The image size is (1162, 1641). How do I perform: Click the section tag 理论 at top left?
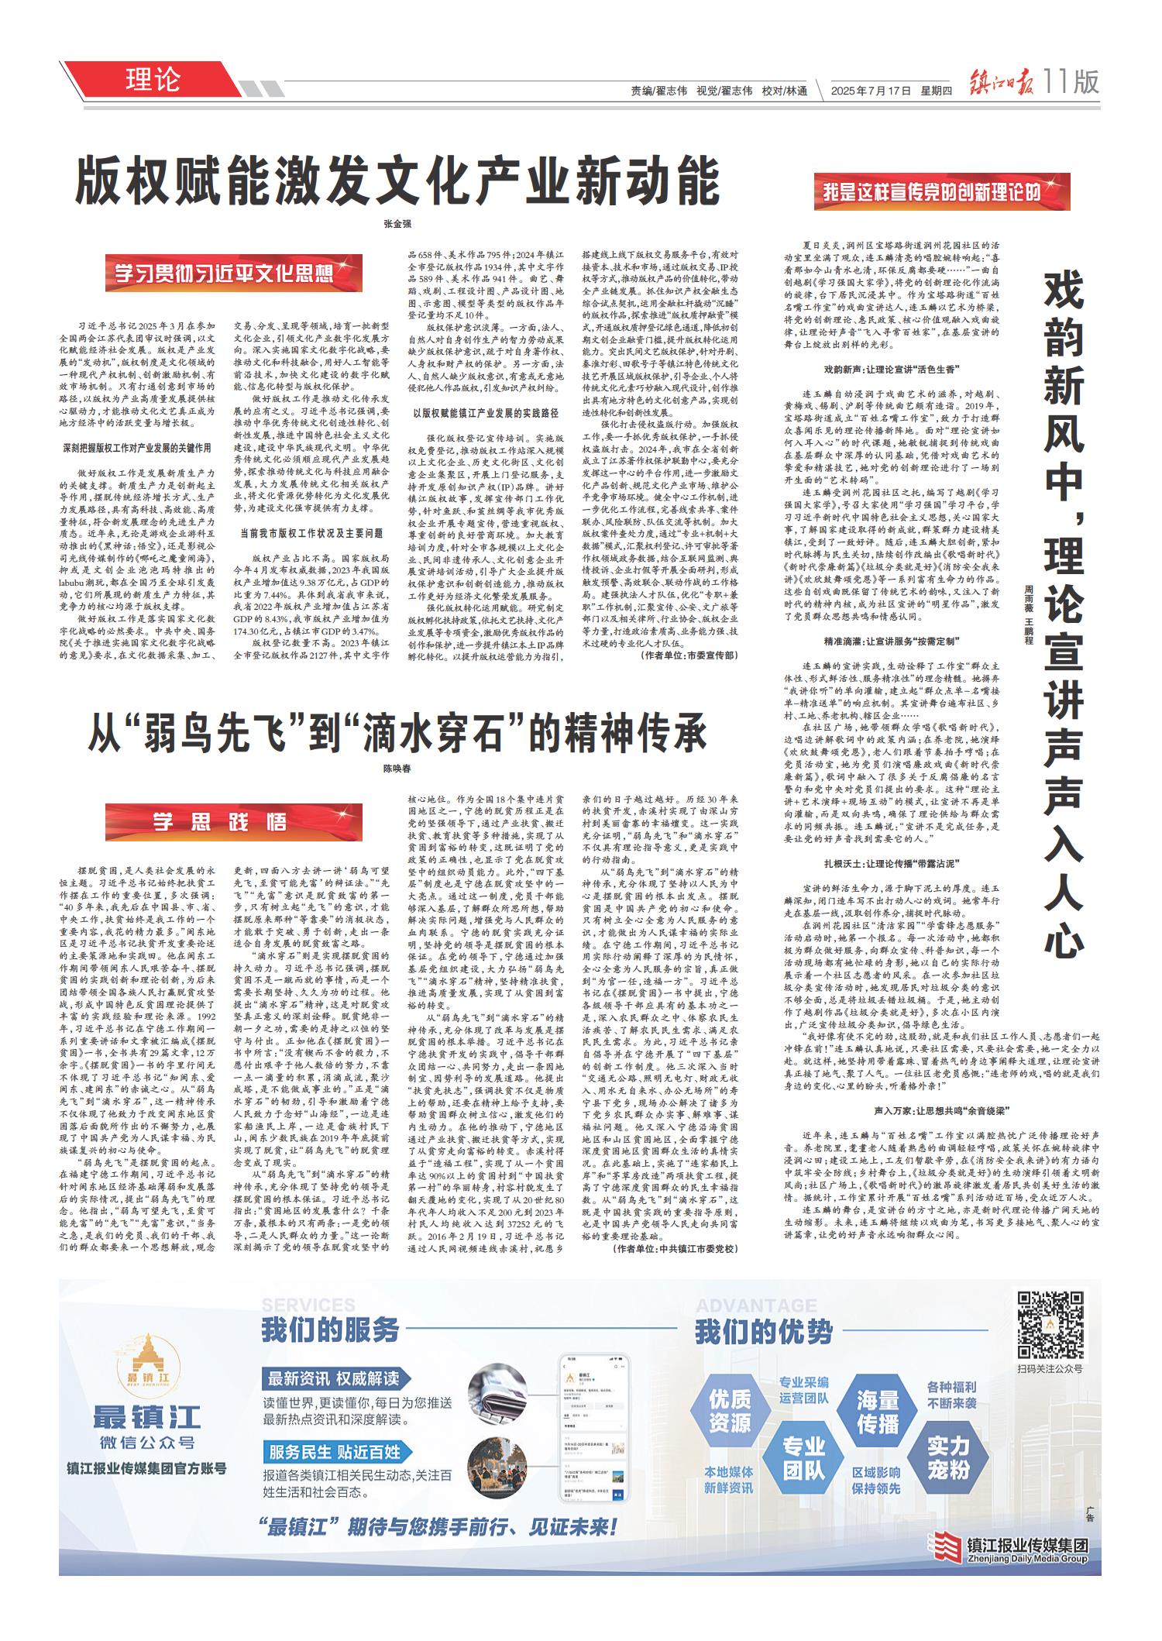pyautogui.click(x=152, y=80)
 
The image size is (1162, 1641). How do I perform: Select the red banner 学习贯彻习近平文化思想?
pyautogui.click(x=234, y=273)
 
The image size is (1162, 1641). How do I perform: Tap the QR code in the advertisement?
pyautogui.click(x=1050, y=1326)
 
